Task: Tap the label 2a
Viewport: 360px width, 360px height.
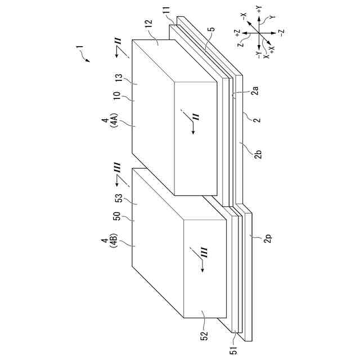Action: point(254,90)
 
